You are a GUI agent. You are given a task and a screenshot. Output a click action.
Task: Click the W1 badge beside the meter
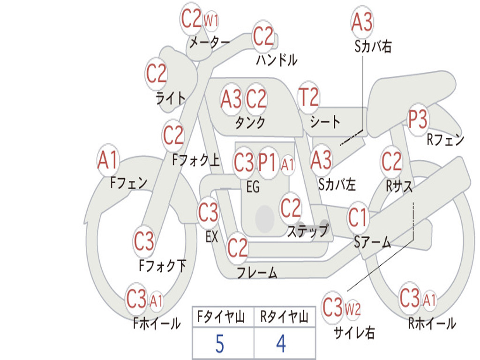[x=211, y=20]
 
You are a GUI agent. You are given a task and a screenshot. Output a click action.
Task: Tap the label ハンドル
[x=277, y=60]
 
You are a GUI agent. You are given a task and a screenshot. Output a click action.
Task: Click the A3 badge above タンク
[x=231, y=99]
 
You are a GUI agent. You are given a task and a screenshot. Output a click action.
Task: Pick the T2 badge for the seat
[x=308, y=98]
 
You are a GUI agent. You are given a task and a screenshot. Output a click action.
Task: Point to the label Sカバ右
[x=373, y=46]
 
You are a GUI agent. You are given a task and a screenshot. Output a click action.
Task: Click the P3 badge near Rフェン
[x=417, y=120]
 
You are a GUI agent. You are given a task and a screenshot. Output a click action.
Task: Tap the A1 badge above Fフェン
[x=108, y=160]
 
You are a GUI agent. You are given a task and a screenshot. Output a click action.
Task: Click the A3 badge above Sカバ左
[x=321, y=160]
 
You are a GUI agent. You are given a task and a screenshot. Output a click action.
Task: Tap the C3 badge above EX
[x=208, y=213]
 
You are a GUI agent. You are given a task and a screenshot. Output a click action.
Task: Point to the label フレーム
[x=257, y=272]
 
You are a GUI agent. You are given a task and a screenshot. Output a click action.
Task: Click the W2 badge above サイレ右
[x=352, y=309]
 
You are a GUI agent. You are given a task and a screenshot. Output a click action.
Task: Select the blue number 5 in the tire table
[x=219, y=345]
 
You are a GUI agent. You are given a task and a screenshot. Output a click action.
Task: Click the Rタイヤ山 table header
[x=284, y=318]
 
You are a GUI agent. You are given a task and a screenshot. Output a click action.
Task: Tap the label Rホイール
[x=432, y=323]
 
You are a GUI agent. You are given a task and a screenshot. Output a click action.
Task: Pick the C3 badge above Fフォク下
[x=144, y=241]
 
